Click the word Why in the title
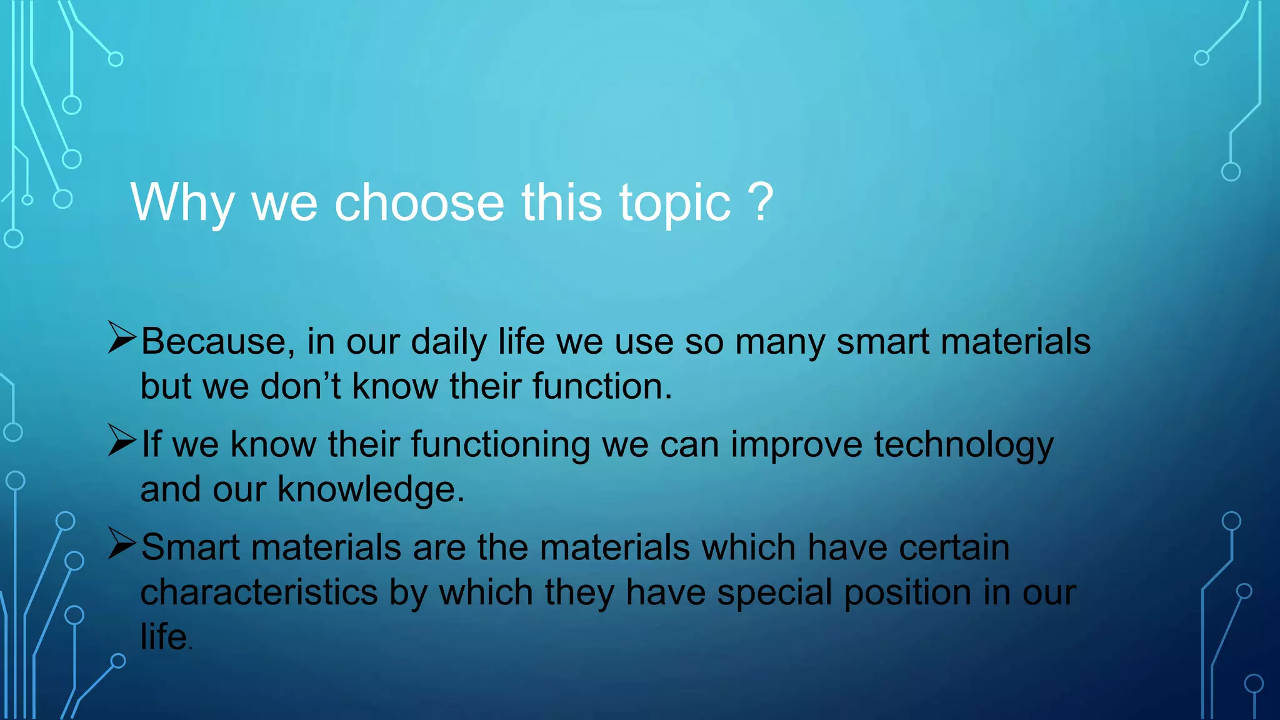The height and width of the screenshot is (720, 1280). [x=182, y=202]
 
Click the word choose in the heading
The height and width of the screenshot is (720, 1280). [x=419, y=202]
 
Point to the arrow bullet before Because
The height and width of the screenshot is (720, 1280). [x=121, y=337]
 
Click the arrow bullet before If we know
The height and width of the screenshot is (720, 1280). [x=121, y=441]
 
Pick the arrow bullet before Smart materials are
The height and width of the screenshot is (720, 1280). [x=121, y=543]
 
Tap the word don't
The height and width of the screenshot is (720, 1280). [x=300, y=386]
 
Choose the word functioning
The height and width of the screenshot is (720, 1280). [x=500, y=445]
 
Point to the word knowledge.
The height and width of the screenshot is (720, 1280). [x=371, y=489]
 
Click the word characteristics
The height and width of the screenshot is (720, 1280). [x=259, y=592]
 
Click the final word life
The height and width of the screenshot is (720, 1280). [x=164, y=637]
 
